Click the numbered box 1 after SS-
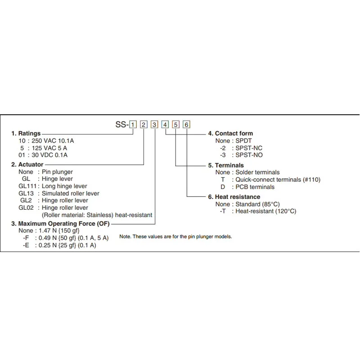pyautogui.click(x=133, y=125)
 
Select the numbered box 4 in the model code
pyautogui.click(x=165, y=125)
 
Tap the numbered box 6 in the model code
pyautogui.click(x=187, y=125)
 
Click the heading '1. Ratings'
pyautogui.click(x=26, y=133)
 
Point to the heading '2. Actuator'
pyautogui.click(x=27, y=165)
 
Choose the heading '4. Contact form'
pyautogui.click(x=230, y=133)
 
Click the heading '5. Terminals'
pyautogui.click(x=226, y=165)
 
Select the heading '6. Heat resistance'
pyautogui.click(x=234, y=197)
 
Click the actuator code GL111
pyautogui.click(x=27, y=186)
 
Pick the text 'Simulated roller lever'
pyautogui.click(x=71, y=193)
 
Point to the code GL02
pyautogui.click(x=26, y=207)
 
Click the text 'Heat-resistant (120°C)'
pyautogui.click(x=266, y=211)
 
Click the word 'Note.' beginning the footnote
pyautogui.click(x=126, y=237)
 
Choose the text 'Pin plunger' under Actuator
pyautogui.click(x=57, y=172)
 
